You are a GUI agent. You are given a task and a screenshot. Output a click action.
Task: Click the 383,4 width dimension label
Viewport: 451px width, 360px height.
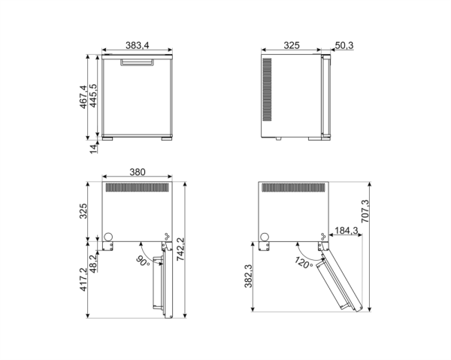coord(137,47)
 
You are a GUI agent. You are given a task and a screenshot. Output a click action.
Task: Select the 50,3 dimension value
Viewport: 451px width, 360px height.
coord(344,47)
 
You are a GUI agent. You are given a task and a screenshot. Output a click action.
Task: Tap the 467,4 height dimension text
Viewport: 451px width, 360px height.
coord(83,96)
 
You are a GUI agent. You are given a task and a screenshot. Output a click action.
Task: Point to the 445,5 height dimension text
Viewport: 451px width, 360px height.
coord(93,98)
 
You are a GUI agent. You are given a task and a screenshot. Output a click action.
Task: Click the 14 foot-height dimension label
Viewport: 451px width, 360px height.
coord(93,148)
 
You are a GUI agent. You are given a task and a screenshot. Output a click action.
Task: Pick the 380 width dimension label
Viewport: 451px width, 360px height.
coord(137,172)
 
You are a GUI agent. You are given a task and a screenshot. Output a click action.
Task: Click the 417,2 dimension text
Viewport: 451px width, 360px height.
coord(83,277)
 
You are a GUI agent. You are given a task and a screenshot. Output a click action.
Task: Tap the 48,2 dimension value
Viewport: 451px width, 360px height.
coord(93,264)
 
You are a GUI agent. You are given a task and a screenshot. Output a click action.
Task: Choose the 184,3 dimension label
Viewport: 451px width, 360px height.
coord(345,230)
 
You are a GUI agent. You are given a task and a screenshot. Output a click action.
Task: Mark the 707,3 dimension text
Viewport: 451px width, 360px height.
coord(365,213)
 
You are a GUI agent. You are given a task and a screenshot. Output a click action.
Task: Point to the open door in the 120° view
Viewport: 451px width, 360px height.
coord(343,280)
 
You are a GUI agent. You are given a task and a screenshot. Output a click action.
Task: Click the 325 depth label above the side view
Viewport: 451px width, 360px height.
coord(292,47)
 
